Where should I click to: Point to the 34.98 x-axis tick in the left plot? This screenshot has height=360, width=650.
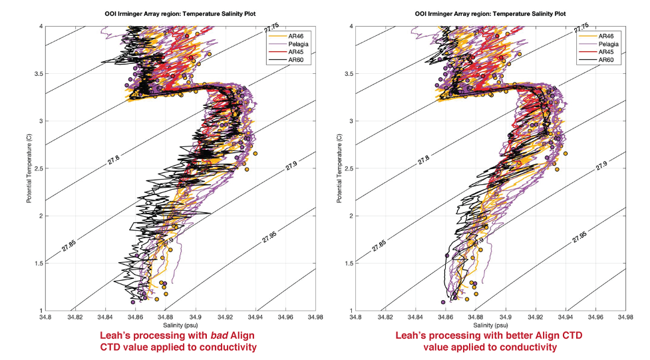[x=315, y=317]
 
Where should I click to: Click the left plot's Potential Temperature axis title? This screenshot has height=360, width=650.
[x=29, y=168]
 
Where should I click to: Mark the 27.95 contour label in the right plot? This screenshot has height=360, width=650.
[x=581, y=237]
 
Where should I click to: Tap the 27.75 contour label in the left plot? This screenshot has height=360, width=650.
[x=269, y=31]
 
